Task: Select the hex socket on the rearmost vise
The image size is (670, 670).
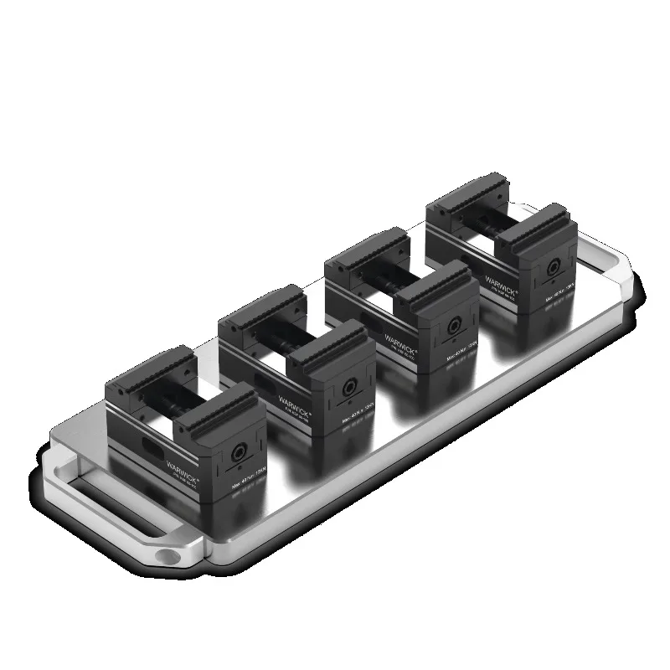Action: click(553, 270)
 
